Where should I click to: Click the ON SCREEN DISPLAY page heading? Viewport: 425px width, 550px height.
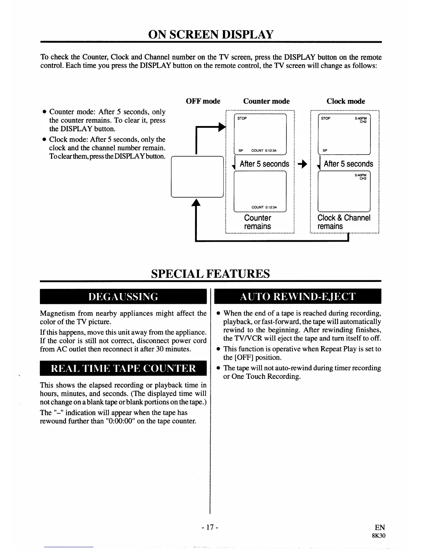tap(211, 34)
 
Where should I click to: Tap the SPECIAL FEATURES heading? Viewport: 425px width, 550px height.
tap(210, 274)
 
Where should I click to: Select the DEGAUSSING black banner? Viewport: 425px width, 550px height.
tap(123, 297)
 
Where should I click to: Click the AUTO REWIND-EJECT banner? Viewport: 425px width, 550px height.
tap(298, 297)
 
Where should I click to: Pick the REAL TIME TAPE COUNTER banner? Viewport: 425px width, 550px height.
tap(123, 368)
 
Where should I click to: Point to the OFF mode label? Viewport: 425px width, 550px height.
tap(203, 101)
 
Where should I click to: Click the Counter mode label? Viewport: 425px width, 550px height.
tap(266, 101)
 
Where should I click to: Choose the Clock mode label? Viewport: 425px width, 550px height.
tap(345, 101)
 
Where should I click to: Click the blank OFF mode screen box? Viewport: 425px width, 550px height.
tap(197, 177)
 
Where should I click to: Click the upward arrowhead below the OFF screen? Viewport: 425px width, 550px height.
tap(197, 202)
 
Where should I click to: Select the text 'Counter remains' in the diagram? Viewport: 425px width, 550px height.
tap(257, 222)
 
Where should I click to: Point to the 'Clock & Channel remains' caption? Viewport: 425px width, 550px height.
tap(344, 222)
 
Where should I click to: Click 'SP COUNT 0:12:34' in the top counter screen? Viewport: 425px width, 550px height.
tap(257, 151)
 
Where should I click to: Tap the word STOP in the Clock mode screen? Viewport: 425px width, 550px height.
tap(326, 118)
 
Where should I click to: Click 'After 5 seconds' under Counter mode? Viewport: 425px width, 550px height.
tap(264, 164)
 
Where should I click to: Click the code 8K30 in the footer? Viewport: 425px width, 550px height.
tap(378, 535)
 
